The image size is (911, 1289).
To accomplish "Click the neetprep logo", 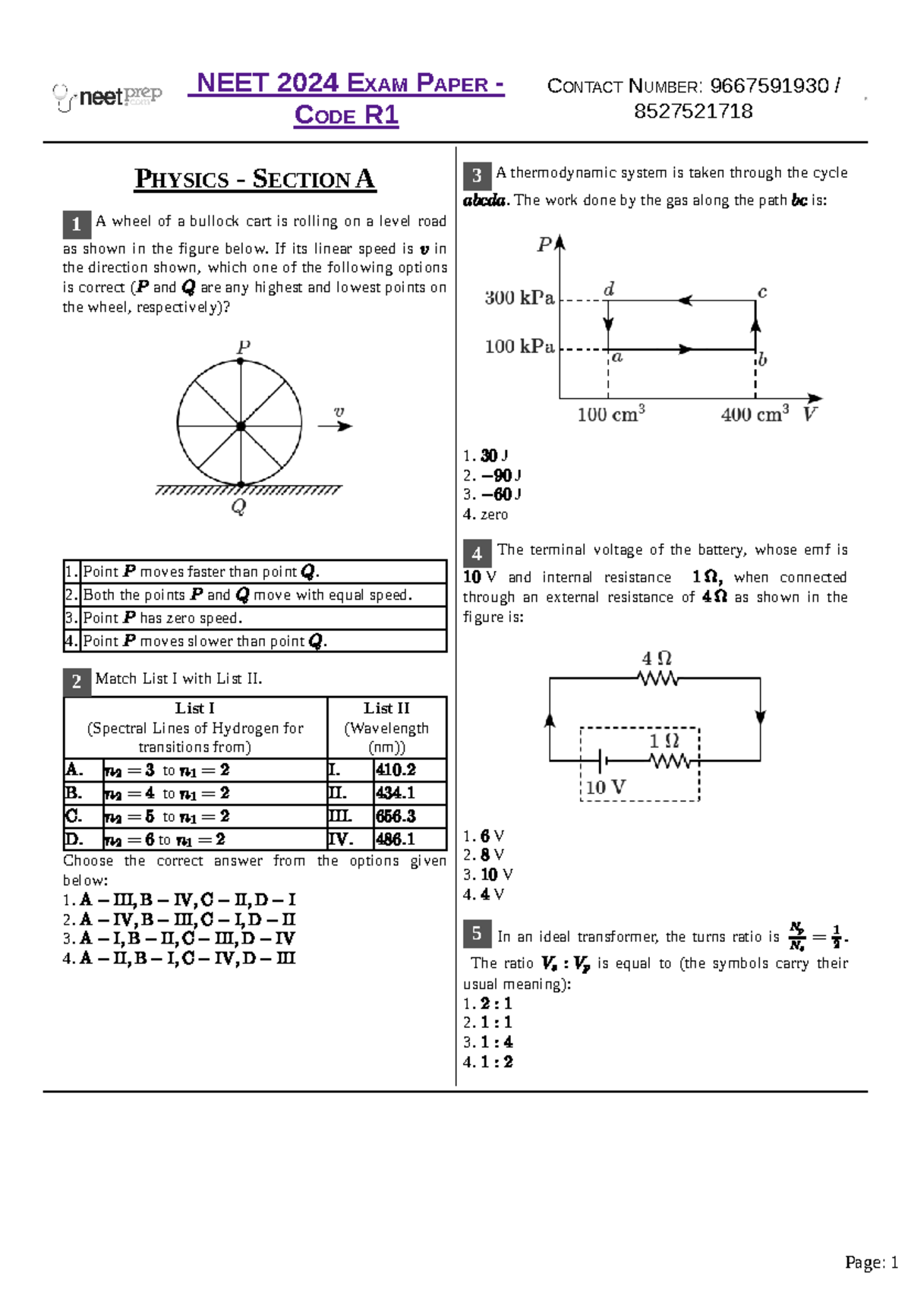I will point(107,97).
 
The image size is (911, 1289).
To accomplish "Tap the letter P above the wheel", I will point(243,347).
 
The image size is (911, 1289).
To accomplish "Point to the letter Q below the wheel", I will point(238,506).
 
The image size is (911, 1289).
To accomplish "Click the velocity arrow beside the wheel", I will point(335,426).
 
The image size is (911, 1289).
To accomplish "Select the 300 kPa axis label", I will point(519,298).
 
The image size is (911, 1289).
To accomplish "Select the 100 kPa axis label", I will point(519,347).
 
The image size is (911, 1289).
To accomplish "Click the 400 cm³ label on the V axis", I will point(754,414).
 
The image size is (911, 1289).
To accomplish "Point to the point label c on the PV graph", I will point(762,292).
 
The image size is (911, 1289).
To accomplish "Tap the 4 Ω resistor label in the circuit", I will point(657,658).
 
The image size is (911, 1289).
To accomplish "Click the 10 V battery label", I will point(605,787).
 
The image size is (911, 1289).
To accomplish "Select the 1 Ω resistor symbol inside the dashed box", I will point(670,760).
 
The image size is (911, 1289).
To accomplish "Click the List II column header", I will point(386,727).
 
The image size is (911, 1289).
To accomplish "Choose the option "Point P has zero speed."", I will point(162,618).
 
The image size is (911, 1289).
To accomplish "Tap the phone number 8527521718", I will point(693,112).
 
